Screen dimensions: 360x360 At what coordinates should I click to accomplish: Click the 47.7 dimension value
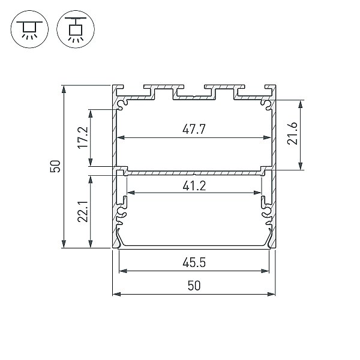194,129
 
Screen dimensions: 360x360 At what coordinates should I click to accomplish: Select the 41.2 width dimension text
194,186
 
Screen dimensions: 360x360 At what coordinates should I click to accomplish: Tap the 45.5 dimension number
194,262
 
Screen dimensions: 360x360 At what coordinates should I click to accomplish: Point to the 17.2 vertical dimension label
83,137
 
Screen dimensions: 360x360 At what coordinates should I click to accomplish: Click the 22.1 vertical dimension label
83,211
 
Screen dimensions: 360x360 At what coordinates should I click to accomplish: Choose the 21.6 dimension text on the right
292,133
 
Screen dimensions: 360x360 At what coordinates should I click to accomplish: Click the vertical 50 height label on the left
55,166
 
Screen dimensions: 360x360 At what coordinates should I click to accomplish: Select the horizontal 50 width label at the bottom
194,286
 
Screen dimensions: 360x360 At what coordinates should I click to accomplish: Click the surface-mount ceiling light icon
29,29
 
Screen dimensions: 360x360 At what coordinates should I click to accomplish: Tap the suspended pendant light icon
76,29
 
